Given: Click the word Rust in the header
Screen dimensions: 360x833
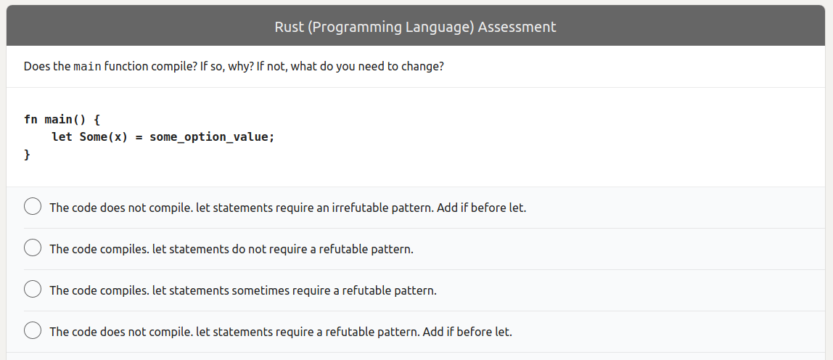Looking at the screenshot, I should coord(290,27).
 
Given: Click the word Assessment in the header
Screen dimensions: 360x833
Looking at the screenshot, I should coord(517,27).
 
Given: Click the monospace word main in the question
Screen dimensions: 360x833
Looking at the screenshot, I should coord(87,67).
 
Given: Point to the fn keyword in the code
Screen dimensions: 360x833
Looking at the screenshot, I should coord(30,119).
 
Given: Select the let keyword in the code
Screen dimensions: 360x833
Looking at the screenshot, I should coord(62,136).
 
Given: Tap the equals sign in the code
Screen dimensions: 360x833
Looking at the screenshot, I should coord(139,136).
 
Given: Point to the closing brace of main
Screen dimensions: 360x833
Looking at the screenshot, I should coord(28,154).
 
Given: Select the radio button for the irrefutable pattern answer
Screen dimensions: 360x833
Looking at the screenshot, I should coord(33,207).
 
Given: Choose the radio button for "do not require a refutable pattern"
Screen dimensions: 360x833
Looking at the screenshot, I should coord(33,248).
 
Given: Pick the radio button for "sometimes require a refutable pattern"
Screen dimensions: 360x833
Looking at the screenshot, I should coord(33,290).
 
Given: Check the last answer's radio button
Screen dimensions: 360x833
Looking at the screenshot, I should coord(33,331).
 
